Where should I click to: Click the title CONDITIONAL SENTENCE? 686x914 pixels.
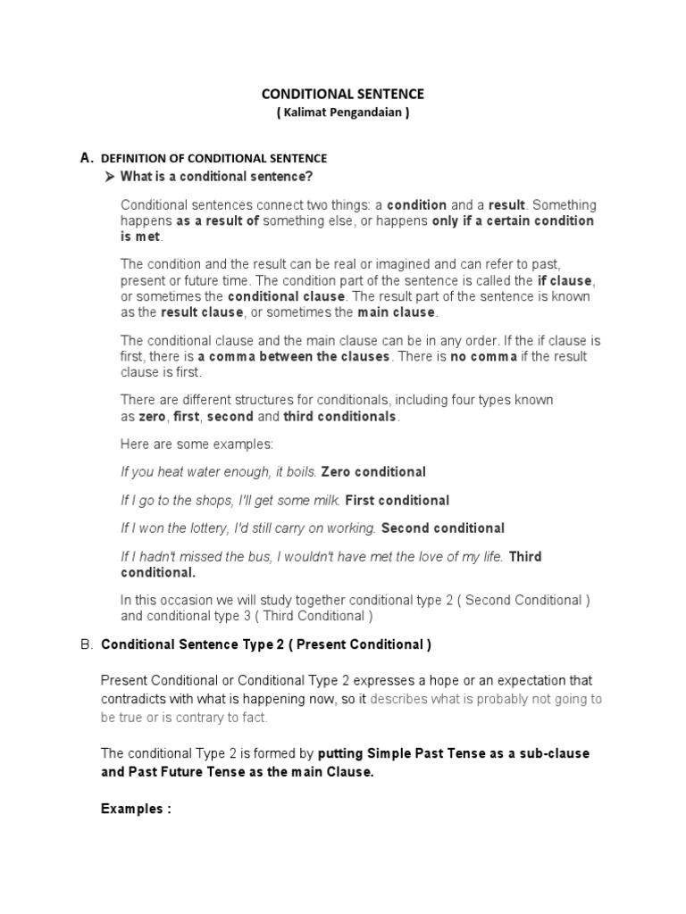342,93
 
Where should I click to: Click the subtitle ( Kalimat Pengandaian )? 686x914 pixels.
342,112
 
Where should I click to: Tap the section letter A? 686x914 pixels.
87,157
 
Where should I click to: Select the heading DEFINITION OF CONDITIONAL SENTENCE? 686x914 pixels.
214,158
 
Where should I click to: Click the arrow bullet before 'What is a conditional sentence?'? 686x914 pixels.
111,176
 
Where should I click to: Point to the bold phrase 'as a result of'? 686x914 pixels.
217,220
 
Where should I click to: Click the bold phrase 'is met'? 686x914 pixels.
142,236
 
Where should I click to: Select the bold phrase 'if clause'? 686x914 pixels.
564,280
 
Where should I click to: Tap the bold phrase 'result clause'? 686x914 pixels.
202,312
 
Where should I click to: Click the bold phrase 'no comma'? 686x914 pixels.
482,356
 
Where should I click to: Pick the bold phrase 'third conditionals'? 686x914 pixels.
340,417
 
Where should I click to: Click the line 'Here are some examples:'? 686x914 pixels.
197,444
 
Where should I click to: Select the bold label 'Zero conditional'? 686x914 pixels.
373,471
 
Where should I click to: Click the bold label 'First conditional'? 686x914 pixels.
397,500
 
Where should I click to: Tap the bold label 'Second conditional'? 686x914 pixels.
443,528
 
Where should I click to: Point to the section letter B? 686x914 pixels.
87,644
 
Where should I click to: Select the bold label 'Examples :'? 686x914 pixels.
136,809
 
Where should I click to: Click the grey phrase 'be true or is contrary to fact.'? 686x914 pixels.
184,717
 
